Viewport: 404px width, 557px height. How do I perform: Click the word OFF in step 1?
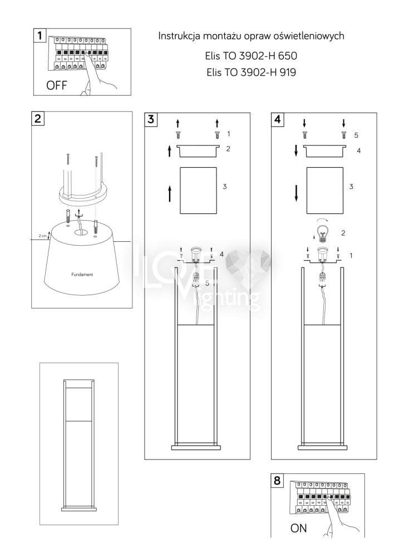pos(56,85)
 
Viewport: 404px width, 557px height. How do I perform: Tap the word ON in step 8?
pos(298,528)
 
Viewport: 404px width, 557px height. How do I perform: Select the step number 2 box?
pos(38,119)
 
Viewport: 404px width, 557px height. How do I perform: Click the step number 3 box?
pos(151,119)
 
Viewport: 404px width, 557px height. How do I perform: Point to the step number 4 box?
pos(278,119)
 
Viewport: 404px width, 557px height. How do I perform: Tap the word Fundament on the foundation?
pos(82,275)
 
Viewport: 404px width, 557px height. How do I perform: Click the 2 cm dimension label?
pos(43,236)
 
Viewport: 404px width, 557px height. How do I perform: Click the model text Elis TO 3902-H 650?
pos(251,56)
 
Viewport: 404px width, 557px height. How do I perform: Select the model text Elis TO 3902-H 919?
pos(251,72)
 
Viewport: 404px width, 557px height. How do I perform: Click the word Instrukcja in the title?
pos(178,36)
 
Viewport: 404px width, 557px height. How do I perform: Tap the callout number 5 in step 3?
pos(208,283)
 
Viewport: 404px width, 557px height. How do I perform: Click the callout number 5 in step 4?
pos(357,135)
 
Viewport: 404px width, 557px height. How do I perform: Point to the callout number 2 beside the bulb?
pos(343,233)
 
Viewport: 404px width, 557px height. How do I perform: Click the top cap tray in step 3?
pos(198,150)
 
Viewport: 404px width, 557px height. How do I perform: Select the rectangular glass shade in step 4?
pos(325,190)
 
